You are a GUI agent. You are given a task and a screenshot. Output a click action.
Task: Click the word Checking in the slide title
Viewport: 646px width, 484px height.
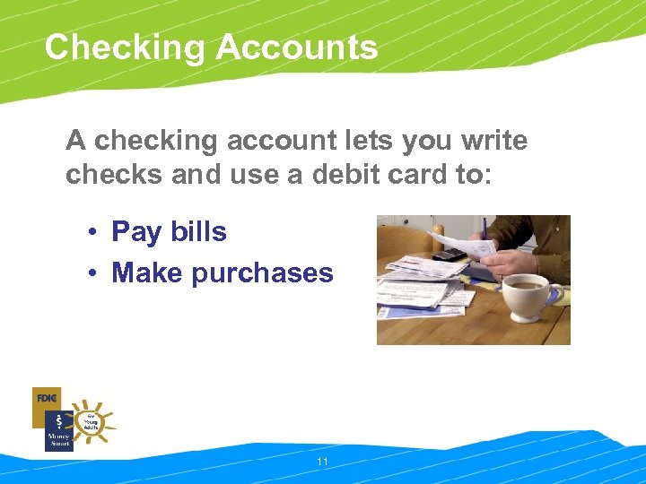122,48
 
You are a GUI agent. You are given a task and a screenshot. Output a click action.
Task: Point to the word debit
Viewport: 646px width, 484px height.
351,175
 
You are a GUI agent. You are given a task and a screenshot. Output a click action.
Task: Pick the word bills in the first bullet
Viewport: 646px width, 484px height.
197,231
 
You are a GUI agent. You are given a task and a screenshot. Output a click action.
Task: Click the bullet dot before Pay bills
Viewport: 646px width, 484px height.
92,233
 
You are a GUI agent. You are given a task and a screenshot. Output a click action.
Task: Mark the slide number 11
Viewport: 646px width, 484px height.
323,462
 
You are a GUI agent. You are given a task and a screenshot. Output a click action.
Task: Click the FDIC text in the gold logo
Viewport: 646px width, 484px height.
46,397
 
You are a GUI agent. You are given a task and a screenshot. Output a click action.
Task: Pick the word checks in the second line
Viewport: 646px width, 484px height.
114,175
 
